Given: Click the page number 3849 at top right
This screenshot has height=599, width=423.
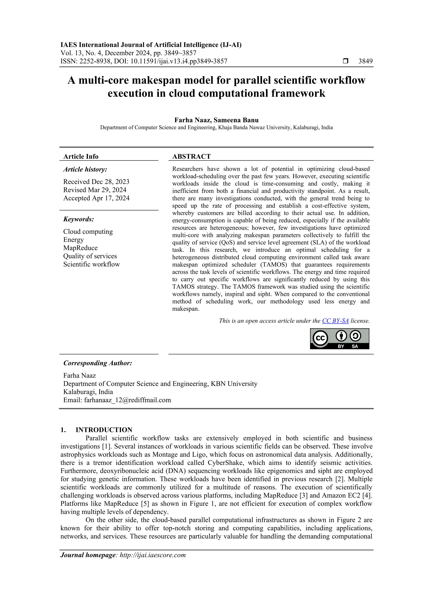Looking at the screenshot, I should coord(365,61).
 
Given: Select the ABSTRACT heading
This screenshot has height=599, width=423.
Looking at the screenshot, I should coord(191,156).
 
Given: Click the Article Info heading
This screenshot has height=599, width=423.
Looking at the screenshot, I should coord(81,157).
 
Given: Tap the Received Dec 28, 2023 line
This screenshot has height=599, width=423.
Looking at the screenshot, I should coord(96,182).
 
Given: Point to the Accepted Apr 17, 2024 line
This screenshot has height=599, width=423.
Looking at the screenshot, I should coord(96,198).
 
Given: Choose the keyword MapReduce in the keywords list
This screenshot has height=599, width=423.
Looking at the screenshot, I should coord(80,248).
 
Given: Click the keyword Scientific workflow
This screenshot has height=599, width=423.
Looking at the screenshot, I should coord(91,264).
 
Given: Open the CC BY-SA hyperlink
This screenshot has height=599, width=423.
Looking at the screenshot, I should coord(335,321).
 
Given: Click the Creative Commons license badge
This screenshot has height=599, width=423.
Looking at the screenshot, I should coord(339,339).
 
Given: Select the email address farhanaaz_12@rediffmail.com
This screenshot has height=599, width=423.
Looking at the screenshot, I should coord(127,400).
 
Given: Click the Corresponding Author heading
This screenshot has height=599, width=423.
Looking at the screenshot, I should coord(97,363).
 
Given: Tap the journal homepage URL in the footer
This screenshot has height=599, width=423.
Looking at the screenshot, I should coord(152,555).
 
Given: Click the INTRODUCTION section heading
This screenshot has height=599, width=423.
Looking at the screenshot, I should coord(104,430).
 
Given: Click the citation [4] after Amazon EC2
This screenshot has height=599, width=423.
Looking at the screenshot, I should coord(367,495).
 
